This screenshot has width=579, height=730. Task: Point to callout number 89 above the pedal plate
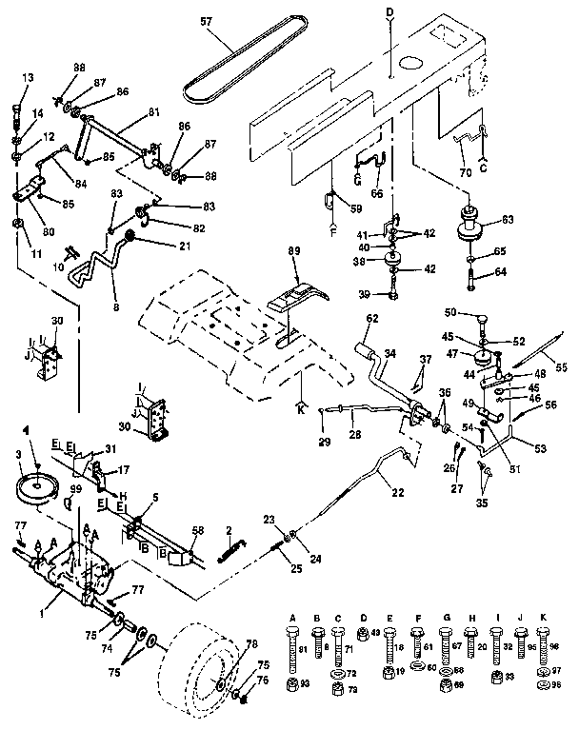pos(295,250)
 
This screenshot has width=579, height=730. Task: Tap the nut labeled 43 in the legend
pos(363,633)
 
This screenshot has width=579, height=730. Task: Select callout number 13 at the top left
pos(26,78)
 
